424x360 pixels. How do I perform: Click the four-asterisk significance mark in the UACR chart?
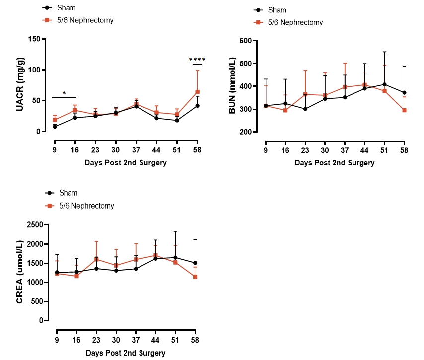point(197,60)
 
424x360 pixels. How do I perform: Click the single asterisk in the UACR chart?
point(64,93)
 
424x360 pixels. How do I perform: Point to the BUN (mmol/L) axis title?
point(232,86)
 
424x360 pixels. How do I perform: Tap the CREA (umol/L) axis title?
point(20,273)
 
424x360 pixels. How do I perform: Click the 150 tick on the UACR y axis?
point(34,39)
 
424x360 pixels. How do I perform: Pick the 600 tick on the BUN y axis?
point(245,41)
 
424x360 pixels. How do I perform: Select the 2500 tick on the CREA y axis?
point(34,225)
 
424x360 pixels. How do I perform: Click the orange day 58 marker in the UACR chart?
point(197,92)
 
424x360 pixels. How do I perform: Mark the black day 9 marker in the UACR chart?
point(55,127)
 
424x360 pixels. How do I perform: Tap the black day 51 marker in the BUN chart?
point(384,84)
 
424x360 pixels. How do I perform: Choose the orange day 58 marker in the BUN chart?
point(404,110)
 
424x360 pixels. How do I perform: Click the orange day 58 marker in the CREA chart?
point(195,277)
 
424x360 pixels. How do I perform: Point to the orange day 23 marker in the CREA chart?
point(96,259)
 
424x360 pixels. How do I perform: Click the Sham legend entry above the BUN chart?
point(277,10)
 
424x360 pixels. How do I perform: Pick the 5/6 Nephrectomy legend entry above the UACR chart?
point(86,20)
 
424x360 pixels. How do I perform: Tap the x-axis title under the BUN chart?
point(334,162)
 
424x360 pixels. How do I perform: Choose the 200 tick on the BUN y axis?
point(245,132)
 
